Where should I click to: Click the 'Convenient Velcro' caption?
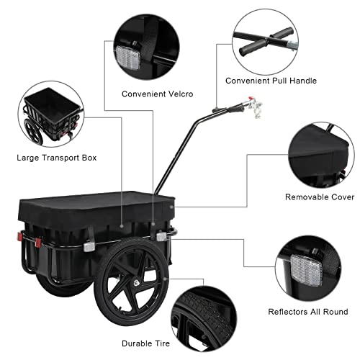[157, 94]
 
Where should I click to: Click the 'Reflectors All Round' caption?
[317, 312]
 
